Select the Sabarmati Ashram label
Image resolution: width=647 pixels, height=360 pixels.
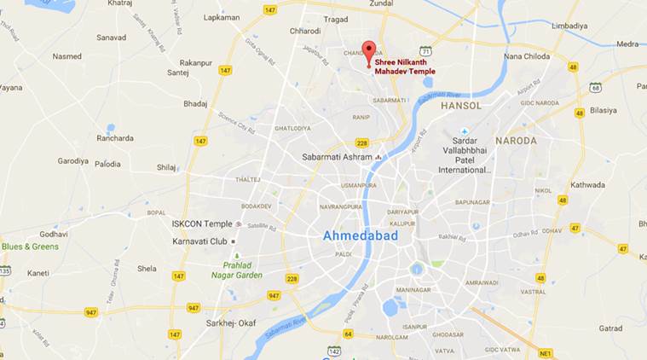click(x=338, y=157)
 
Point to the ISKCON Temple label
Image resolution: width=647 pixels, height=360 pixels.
click(x=201, y=224)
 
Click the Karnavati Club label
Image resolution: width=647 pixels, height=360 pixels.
click(x=195, y=241)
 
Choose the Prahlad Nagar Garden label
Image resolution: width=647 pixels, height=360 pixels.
click(x=238, y=270)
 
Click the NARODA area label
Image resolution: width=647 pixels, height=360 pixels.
click(x=517, y=140)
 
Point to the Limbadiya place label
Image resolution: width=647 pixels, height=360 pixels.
click(x=569, y=26)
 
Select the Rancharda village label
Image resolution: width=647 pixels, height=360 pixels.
click(x=115, y=138)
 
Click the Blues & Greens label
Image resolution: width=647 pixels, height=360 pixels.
click(x=31, y=247)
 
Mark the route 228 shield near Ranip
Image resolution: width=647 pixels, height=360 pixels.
click(x=361, y=143)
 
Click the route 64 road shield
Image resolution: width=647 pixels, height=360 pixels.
click(x=348, y=334)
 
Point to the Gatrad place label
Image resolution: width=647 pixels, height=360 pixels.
click(x=609, y=328)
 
